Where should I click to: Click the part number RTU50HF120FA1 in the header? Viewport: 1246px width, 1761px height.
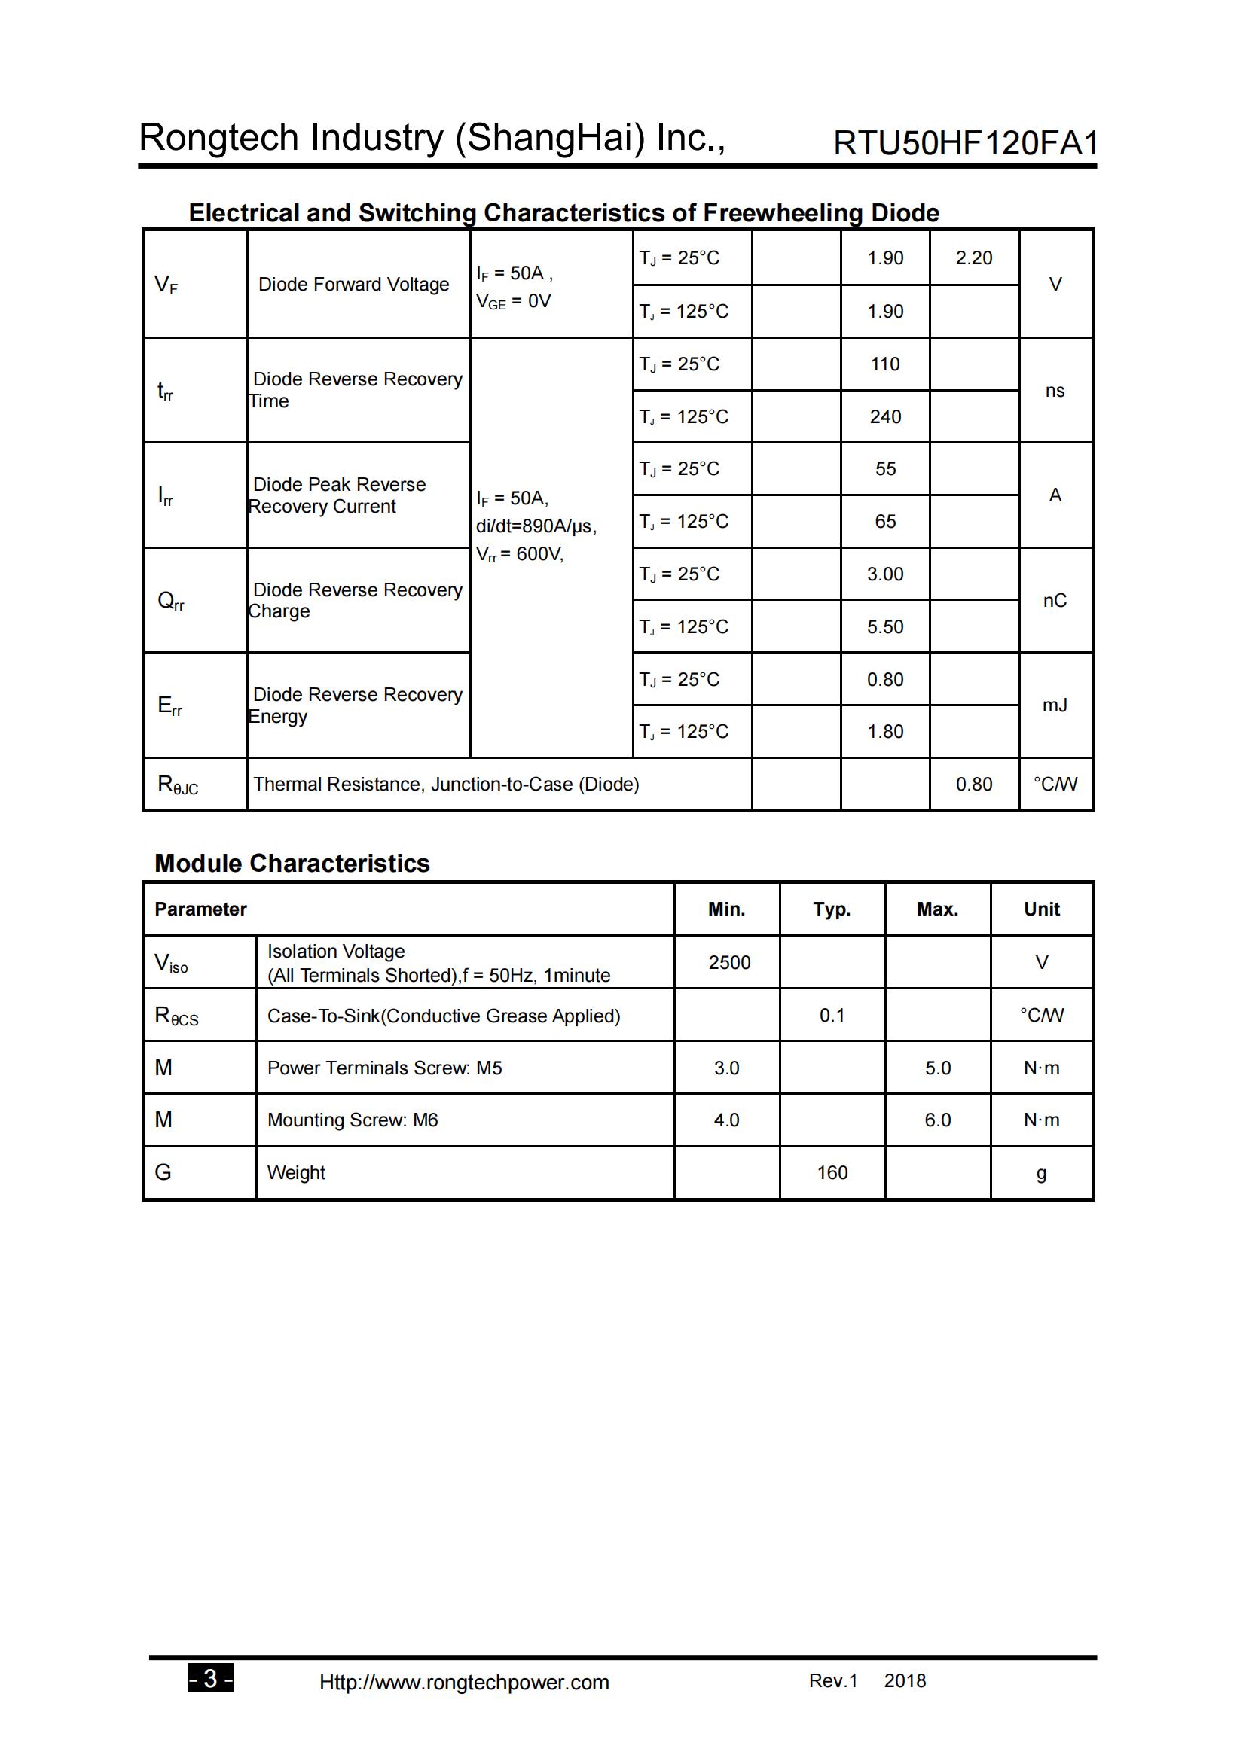click(x=965, y=144)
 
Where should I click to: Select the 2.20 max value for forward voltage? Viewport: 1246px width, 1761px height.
click(x=973, y=257)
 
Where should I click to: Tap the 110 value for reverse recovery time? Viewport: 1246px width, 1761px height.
click(x=884, y=364)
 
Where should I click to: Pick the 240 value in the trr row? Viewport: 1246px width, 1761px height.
click(x=884, y=416)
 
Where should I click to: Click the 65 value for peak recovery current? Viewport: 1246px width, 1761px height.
click(x=884, y=522)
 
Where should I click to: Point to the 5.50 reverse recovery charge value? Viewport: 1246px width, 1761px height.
click(x=884, y=626)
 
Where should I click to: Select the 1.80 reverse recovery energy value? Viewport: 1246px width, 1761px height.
click(x=884, y=732)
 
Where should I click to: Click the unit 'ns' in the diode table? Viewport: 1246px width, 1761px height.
click(x=1054, y=391)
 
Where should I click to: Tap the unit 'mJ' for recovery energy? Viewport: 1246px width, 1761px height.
click(x=1054, y=705)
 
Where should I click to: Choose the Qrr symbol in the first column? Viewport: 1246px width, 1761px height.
click(x=170, y=601)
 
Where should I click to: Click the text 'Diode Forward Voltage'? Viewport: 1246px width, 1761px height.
click(x=354, y=285)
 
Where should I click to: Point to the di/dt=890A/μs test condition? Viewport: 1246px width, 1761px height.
click(x=536, y=526)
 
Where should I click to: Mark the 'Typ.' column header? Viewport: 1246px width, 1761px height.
click(x=832, y=909)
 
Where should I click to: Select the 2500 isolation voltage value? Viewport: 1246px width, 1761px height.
click(x=729, y=963)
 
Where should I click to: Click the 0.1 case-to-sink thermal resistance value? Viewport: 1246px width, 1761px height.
click(x=832, y=1016)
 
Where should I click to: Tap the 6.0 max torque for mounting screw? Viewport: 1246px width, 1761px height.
click(x=937, y=1120)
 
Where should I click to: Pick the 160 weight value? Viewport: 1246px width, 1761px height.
click(x=832, y=1173)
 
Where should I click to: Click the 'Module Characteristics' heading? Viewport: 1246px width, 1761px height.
click(x=292, y=864)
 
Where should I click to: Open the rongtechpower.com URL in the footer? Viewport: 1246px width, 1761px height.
click(x=463, y=1683)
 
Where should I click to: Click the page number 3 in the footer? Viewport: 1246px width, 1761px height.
click(x=210, y=1679)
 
